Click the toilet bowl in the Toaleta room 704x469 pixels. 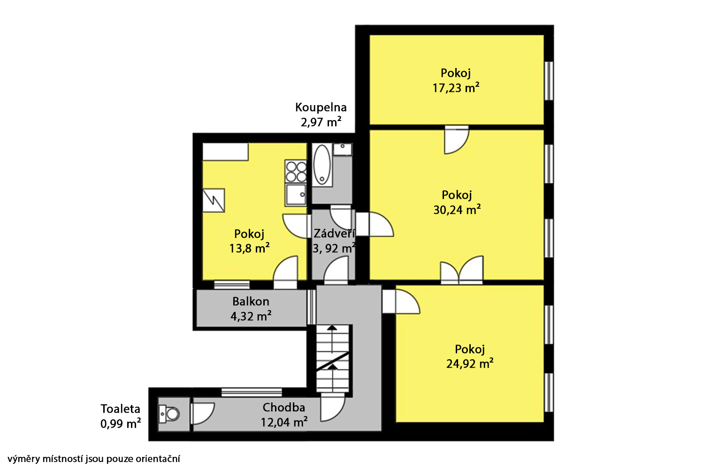(169, 414)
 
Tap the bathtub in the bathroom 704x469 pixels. (322, 165)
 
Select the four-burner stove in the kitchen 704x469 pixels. (296, 171)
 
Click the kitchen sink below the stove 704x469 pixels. (296, 195)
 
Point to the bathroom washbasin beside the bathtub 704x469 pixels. (343, 149)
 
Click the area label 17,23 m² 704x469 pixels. (456, 88)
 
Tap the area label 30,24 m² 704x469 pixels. (457, 210)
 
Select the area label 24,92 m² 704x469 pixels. (470, 363)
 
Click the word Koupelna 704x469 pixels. (321, 107)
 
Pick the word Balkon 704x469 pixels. (251, 302)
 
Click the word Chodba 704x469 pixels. (284, 408)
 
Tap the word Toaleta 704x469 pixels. (120, 408)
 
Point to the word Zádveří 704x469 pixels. (334, 233)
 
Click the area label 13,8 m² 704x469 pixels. (249, 249)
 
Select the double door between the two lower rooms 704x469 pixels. (462, 270)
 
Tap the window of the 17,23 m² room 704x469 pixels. (549, 81)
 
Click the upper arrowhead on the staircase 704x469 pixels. (332, 328)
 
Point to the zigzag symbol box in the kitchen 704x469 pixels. (214, 200)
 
